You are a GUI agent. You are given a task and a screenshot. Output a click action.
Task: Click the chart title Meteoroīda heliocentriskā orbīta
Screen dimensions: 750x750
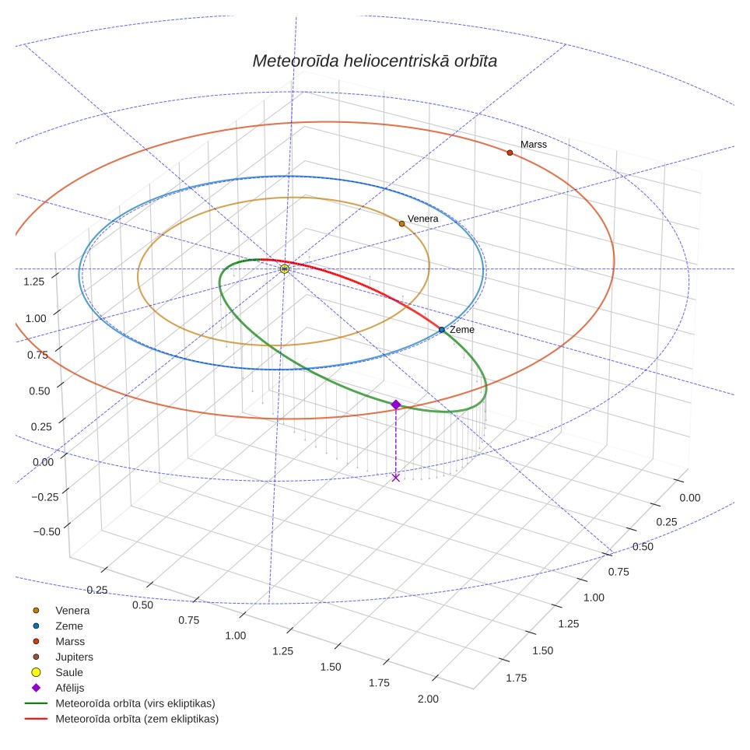(374, 61)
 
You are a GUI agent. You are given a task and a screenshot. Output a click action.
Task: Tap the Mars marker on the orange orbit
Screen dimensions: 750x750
(510, 152)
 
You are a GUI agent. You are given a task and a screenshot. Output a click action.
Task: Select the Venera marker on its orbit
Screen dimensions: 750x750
(401, 224)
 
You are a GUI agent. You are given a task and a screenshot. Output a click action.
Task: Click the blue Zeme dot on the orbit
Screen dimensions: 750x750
(441, 330)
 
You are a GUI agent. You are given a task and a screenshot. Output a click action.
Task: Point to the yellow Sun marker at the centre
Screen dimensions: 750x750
(285, 269)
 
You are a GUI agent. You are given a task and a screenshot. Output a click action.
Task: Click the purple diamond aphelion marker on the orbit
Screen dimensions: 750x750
(395, 405)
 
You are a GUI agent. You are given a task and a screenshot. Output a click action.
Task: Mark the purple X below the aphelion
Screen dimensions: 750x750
(395, 478)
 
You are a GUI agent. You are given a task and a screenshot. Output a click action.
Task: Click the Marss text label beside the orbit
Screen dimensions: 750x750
(533, 145)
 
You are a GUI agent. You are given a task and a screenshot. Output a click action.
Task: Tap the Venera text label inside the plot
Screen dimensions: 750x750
(422, 219)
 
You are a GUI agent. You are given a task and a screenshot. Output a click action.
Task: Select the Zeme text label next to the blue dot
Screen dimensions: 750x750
(462, 330)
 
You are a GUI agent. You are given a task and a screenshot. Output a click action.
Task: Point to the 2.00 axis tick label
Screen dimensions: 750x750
(428, 699)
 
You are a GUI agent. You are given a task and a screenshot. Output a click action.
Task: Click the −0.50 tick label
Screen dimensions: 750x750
(47, 531)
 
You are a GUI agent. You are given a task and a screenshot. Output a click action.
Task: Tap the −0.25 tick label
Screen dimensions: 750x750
(45, 496)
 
